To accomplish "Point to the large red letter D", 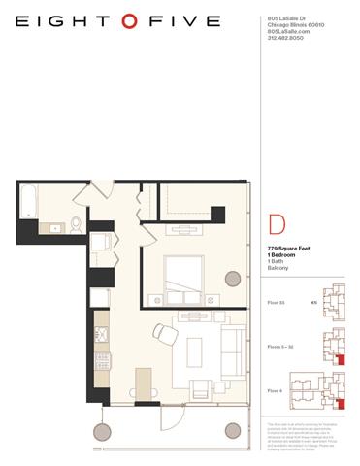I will pyautogui.click(x=277, y=227).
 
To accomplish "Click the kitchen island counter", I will pyautogui.click(x=144, y=383).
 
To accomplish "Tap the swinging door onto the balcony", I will pyautogui.click(x=171, y=418).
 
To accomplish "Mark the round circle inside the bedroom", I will pyautogui.click(x=233, y=279).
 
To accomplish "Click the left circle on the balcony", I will pyautogui.click(x=100, y=431).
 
